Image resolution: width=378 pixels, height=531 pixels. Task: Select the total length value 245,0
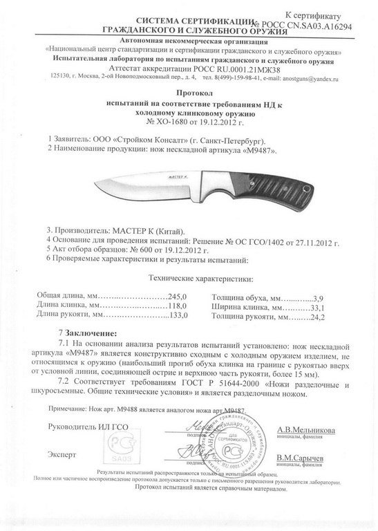pyautogui.click(x=178, y=295)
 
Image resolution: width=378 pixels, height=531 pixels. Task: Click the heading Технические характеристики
pyautogui.click(x=201, y=279)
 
